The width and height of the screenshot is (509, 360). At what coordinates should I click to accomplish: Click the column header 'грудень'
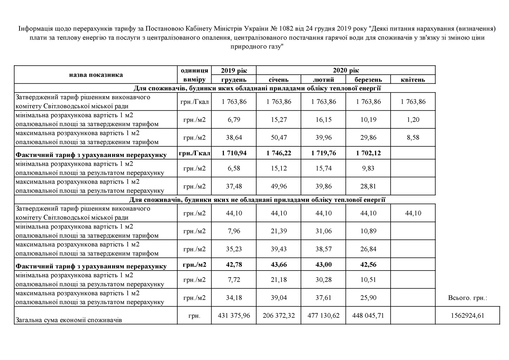pyautogui.click(x=234, y=80)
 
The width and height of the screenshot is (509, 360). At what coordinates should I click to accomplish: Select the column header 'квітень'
pyautogui.click(x=413, y=80)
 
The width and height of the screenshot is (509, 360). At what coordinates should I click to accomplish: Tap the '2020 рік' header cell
pyautogui.click(x=346, y=70)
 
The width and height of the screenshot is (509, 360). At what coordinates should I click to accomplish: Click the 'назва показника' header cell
pyautogui.click(x=96, y=75)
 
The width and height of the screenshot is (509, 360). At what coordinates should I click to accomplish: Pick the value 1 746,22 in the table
pyautogui.click(x=279, y=153)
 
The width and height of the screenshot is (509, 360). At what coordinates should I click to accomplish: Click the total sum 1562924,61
pyautogui.click(x=468, y=315)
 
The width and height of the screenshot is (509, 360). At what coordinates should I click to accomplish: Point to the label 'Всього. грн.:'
pyautogui.click(x=468, y=298)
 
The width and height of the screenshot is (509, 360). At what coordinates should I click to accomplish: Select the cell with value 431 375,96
pyautogui.click(x=234, y=315)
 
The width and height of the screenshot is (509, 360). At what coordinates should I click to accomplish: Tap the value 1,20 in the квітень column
pyautogui.click(x=413, y=120)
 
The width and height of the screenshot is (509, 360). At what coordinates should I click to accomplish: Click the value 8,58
pyautogui.click(x=413, y=137)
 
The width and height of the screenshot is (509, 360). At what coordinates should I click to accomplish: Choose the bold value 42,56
pyautogui.click(x=368, y=264)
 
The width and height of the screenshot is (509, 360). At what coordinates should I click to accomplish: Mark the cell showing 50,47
pyautogui.click(x=279, y=137)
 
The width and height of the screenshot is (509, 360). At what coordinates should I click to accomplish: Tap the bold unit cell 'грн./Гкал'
pyautogui.click(x=194, y=153)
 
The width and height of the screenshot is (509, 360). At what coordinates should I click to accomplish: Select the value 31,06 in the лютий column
pyautogui.click(x=324, y=231)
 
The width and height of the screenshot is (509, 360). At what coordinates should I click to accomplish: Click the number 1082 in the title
pyautogui.click(x=286, y=29)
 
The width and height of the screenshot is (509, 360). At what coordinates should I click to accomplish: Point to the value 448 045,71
pyautogui.click(x=368, y=315)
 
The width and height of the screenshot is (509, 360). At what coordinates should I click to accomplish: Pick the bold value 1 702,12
pyautogui.click(x=368, y=153)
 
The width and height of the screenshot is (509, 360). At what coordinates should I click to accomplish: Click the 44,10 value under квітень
pyautogui.click(x=413, y=213)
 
